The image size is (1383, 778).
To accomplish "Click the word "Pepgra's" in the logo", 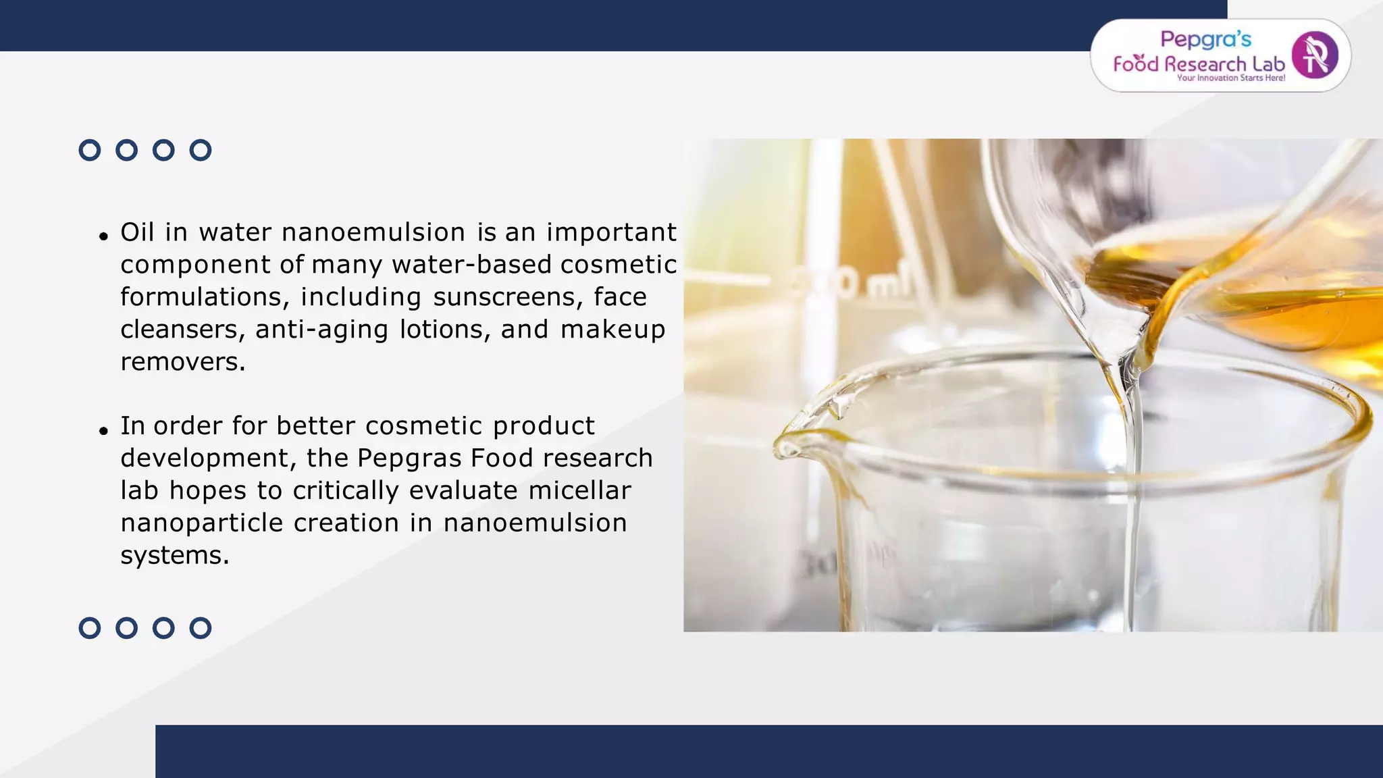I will tap(1205, 39).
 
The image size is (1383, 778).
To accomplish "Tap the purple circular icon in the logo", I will tap(1314, 55).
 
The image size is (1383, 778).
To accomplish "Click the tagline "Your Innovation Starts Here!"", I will tap(1230, 78).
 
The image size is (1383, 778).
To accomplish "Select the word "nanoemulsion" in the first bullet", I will tap(373, 232).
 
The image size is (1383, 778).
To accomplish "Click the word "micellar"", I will tap(579, 491).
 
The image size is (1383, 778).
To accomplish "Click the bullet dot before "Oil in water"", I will tap(103, 236).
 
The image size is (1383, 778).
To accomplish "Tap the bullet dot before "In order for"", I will tap(103, 430).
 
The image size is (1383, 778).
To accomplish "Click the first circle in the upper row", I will tap(90, 150).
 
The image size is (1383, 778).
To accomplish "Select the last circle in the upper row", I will tap(201, 150).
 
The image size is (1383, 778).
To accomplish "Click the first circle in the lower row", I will tap(90, 628).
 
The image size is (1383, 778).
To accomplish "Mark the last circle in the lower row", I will tap(201, 628).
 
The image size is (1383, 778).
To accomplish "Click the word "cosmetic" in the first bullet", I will tap(618, 265).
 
